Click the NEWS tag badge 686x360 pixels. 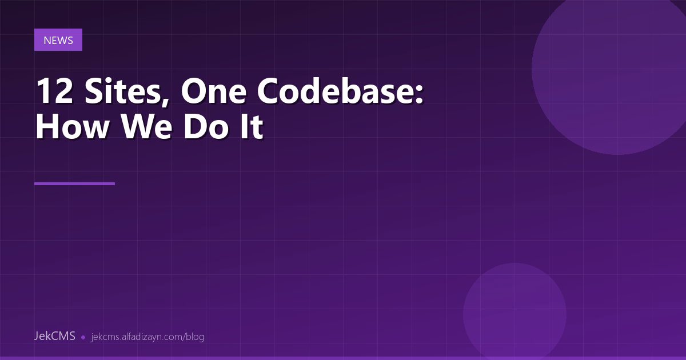point(58,40)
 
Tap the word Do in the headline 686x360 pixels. point(203,127)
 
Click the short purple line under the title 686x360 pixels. point(74,183)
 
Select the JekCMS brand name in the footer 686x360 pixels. point(55,336)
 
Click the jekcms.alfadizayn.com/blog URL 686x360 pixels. point(147,337)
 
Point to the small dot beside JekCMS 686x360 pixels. point(83,337)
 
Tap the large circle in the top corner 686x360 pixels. point(617,69)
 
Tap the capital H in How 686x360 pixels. point(47,127)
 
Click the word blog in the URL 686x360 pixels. point(195,337)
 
